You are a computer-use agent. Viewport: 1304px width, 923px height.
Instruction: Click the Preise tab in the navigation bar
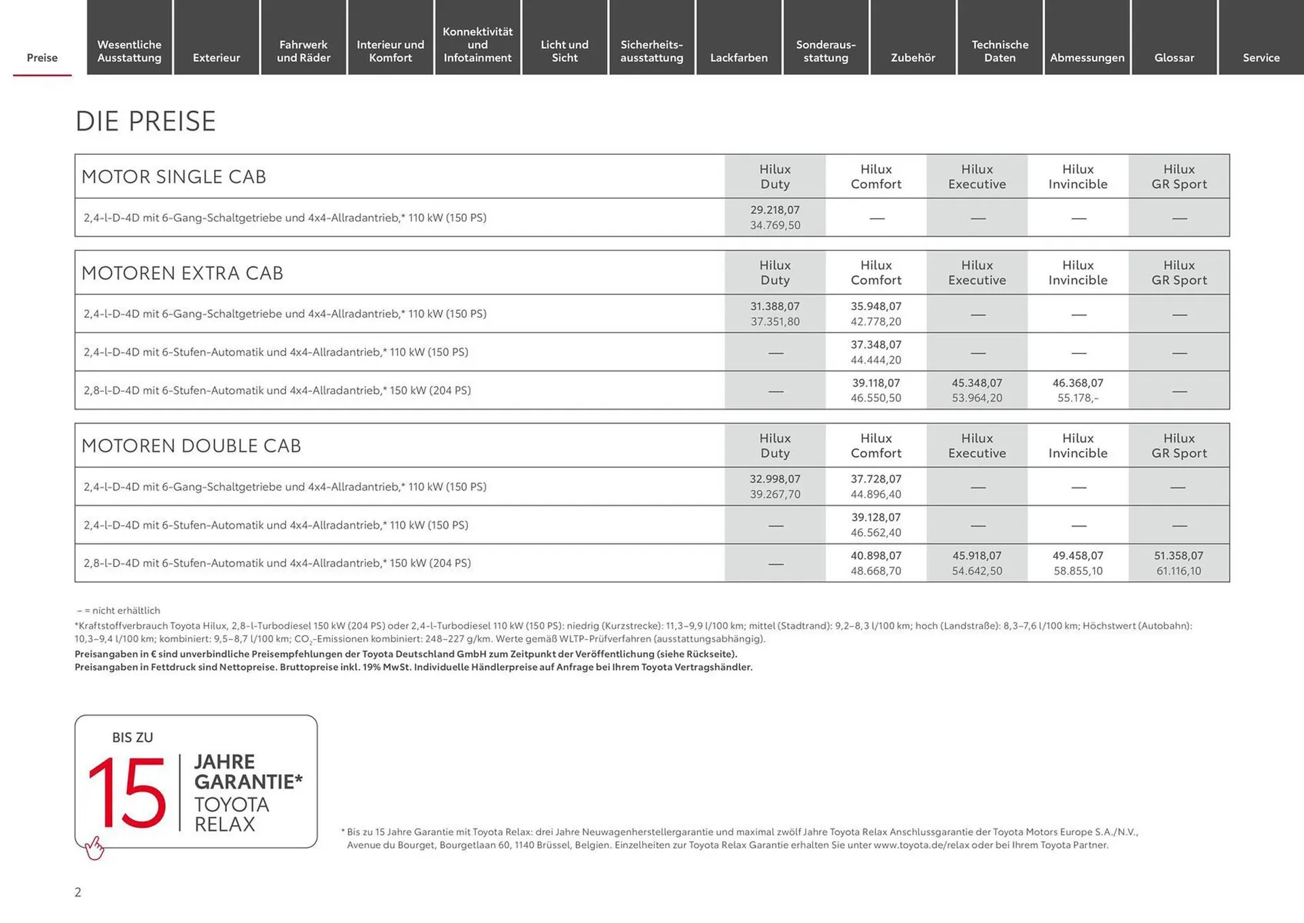click(42, 58)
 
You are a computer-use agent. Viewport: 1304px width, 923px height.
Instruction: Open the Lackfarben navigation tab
click(739, 58)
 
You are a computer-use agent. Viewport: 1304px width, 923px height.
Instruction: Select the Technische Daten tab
click(1000, 51)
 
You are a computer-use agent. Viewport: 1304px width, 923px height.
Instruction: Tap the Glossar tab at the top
click(1174, 58)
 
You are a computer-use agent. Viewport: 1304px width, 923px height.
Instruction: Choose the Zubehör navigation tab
click(913, 58)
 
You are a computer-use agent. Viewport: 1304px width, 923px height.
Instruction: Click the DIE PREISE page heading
click(145, 122)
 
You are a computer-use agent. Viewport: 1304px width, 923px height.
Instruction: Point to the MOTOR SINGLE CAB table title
click(174, 177)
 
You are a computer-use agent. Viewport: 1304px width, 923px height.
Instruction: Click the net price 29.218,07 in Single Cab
click(775, 210)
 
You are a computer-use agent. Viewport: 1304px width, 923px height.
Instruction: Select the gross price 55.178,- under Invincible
click(1078, 398)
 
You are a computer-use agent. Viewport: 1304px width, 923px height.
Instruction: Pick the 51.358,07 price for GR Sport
click(1178, 556)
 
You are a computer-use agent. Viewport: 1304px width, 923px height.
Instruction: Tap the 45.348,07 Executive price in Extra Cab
click(977, 383)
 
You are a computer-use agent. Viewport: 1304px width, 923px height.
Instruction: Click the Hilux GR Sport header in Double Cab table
click(1179, 446)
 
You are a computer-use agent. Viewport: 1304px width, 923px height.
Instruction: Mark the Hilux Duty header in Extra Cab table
click(775, 273)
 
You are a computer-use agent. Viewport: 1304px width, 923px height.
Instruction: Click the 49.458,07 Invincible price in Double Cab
click(1078, 556)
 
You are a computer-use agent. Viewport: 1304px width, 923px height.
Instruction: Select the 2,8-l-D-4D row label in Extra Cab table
click(277, 391)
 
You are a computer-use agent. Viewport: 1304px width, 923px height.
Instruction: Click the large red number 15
click(127, 793)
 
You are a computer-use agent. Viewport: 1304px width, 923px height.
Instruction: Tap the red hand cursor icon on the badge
click(94, 848)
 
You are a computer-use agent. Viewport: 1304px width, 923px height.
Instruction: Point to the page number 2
click(78, 892)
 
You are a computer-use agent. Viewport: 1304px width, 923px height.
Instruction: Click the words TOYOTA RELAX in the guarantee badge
click(231, 814)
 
